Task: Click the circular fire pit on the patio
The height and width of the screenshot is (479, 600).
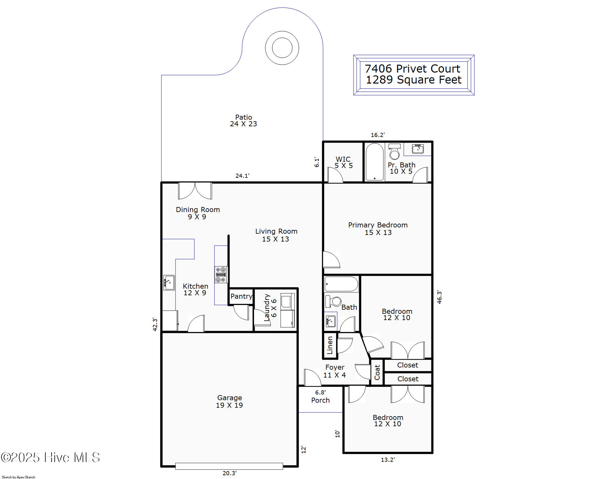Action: pyautogui.click(x=282, y=48)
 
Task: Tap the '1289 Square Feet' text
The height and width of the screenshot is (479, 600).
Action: pyautogui.click(x=414, y=80)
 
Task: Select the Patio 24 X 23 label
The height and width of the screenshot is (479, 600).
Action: pyautogui.click(x=243, y=121)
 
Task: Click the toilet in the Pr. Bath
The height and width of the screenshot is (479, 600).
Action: pyautogui.click(x=394, y=152)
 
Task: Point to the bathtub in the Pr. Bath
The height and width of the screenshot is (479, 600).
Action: pyautogui.click(x=375, y=162)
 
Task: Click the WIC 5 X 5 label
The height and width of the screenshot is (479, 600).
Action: pyautogui.click(x=343, y=162)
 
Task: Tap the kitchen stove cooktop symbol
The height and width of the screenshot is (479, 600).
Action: pyautogui.click(x=221, y=275)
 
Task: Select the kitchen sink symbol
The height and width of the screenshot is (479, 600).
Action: pyautogui.click(x=169, y=282)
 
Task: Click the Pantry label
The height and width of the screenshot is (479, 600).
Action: pyautogui.click(x=241, y=296)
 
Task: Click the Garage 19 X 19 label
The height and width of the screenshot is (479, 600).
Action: pyautogui.click(x=229, y=401)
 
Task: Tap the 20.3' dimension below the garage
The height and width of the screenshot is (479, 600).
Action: pyautogui.click(x=229, y=473)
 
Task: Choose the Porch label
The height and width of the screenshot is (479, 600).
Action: pyautogui.click(x=320, y=400)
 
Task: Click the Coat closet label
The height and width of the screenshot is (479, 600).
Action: pyautogui.click(x=377, y=372)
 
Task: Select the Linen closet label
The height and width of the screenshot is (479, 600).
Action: pyautogui.click(x=330, y=345)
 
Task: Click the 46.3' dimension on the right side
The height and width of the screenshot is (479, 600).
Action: pyautogui.click(x=439, y=297)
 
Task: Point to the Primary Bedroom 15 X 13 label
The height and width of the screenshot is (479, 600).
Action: pyautogui.click(x=378, y=229)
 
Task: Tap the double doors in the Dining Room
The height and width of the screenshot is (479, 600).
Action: pyautogui.click(x=195, y=191)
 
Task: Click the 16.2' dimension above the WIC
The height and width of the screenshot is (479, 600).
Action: pyautogui.click(x=377, y=135)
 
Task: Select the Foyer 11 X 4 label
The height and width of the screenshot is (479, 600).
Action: pyautogui.click(x=335, y=371)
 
